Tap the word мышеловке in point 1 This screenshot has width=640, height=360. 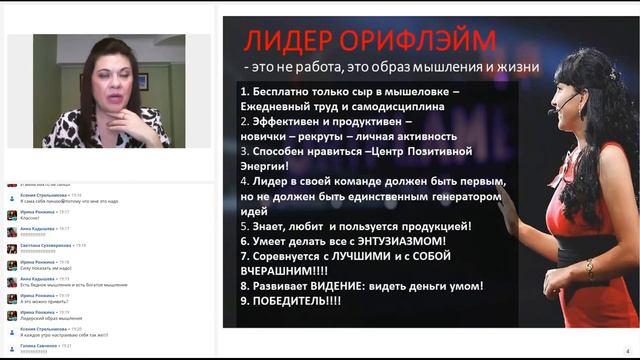405,92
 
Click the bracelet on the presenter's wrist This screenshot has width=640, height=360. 590,268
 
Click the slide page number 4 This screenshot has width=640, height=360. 627,351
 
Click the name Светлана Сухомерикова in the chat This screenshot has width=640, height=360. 44,244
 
